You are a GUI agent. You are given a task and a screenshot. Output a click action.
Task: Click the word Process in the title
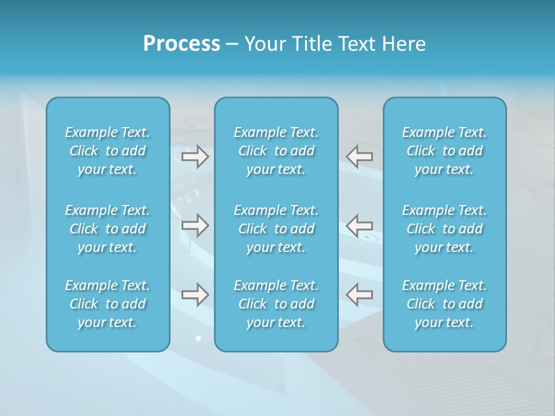[x=182, y=44]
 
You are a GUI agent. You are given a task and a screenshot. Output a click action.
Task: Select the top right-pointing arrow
[x=195, y=156]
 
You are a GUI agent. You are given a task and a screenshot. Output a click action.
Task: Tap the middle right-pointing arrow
[x=195, y=225]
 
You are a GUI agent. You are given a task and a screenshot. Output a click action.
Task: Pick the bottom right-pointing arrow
[x=195, y=295]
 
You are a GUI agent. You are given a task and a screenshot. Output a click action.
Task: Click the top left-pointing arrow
[x=359, y=156]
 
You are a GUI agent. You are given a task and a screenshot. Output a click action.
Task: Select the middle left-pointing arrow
[x=359, y=225]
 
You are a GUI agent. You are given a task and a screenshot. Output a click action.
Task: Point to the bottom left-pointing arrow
[x=359, y=295]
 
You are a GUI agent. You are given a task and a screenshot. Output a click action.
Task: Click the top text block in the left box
[x=108, y=151]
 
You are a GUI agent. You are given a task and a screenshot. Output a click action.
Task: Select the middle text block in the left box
[x=108, y=229]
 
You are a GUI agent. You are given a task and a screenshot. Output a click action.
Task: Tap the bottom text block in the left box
[x=108, y=304]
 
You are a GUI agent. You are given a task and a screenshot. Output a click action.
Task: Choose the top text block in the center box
[x=276, y=151]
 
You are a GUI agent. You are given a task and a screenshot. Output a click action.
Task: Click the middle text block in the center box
[x=276, y=229]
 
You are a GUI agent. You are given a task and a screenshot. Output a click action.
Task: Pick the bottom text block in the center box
[x=276, y=304]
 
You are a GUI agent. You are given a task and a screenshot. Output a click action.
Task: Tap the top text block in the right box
[x=445, y=151]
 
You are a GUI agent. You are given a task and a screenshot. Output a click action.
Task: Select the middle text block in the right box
[x=445, y=229]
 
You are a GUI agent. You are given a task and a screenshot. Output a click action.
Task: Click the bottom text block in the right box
[x=445, y=304]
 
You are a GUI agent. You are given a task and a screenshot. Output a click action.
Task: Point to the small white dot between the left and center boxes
[x=198, y=338]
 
